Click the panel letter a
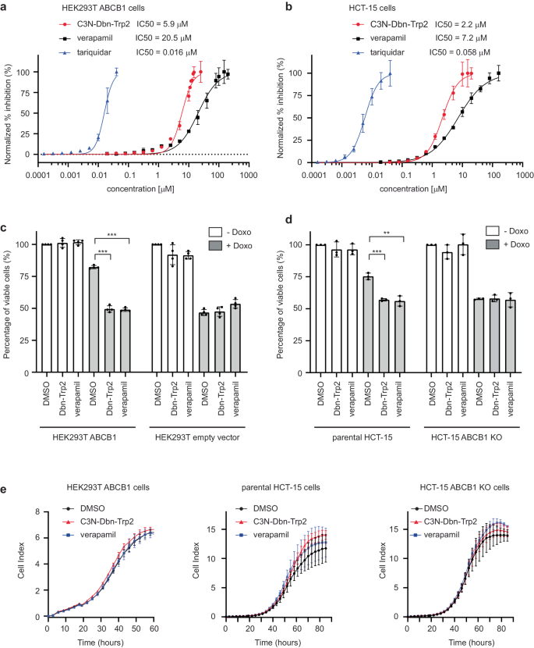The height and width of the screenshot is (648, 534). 6,7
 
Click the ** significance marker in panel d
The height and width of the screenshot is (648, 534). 387,233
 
